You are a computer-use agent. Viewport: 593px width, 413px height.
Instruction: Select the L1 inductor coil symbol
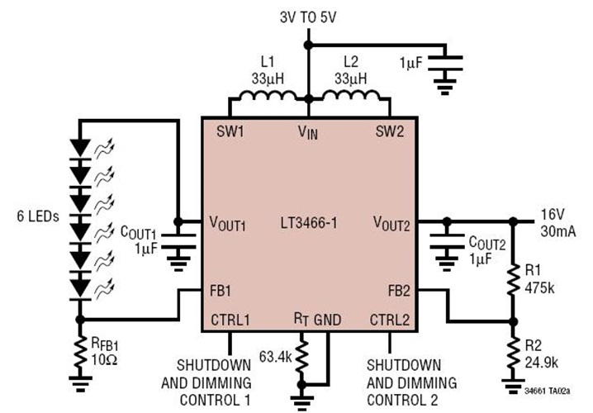pyautogui.click(x=262, y=99)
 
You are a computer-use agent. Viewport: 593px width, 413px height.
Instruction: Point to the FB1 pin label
pyautogui.click(x=221, y=290)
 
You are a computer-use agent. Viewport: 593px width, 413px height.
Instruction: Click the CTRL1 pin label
pyautogui.click(x=232, y=319)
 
